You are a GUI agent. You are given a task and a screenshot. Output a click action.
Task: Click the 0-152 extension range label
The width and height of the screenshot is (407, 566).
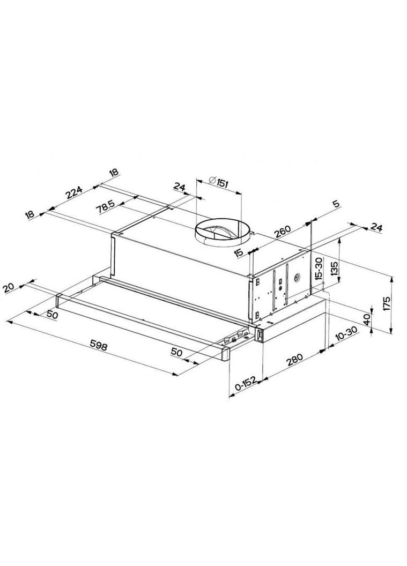click(245, 386)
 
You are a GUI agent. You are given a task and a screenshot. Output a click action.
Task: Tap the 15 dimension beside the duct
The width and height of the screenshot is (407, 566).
click(239, 251)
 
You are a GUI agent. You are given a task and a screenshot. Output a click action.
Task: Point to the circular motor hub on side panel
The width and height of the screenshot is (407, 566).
click(295, 278)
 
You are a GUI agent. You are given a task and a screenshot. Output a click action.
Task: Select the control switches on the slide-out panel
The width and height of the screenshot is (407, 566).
click(234, 338)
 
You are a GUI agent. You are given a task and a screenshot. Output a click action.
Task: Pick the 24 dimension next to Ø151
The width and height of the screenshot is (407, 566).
click(179, 187)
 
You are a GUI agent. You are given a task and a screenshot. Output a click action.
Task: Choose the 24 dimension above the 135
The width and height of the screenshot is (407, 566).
click(376, 228)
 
